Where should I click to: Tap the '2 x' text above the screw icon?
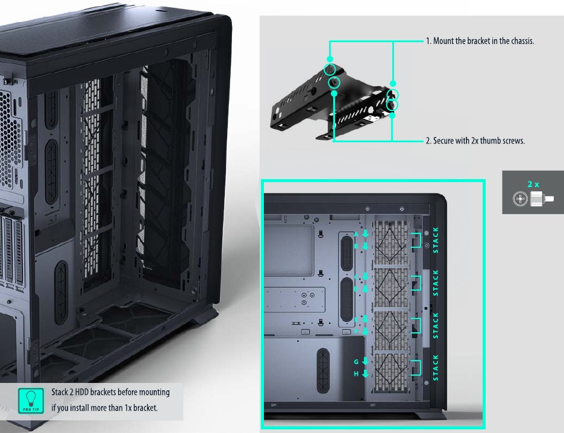(x=533, y=185)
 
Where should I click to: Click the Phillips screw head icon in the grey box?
(x=519, y=200)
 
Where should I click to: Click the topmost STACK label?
(x=436, y=239)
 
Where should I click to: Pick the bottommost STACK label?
(x=436, y=367)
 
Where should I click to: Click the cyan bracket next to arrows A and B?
(x=416, y=240)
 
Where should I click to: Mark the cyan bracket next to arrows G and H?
(x=416, y=367)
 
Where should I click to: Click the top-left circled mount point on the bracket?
(x=330, y=69)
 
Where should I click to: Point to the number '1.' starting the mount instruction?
(x=429, y=42)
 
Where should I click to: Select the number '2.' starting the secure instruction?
(x=429, y=141)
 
